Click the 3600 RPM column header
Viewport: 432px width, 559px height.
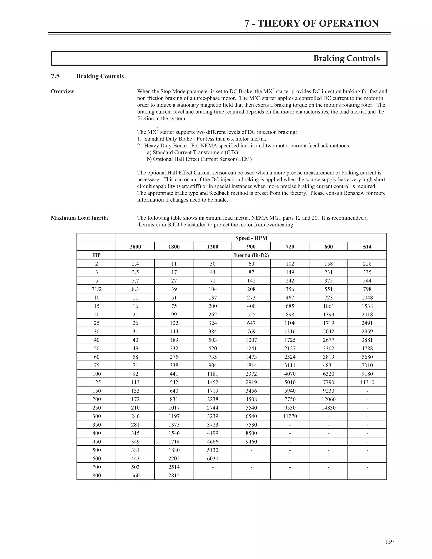(x=135, y=247)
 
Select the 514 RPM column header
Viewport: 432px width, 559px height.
(x=367, y=247)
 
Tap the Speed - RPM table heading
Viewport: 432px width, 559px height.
(x=251, y=238)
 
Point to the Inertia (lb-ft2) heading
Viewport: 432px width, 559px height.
(x=251, y=255)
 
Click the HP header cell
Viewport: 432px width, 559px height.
(x=96, y=255)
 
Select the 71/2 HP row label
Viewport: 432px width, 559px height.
(x=96, y=289)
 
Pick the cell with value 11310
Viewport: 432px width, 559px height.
(x=367, y=382)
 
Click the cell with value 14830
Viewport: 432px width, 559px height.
(x=328, y=408)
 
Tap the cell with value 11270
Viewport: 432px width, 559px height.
(x=290, y=416)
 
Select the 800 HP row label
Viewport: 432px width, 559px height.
(x=96, y=475)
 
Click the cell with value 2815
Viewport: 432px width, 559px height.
(x=174, y=475)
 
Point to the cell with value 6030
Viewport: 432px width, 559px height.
(x=212, y=459)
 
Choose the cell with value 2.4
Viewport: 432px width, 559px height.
(x=135, y=264)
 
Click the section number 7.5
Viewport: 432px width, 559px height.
(x=55, y=76)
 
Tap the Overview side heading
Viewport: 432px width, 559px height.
(x=62, y=91)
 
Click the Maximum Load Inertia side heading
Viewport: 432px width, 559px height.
(x=79, y=218)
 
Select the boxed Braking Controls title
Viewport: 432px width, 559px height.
(x=346, y=59)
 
